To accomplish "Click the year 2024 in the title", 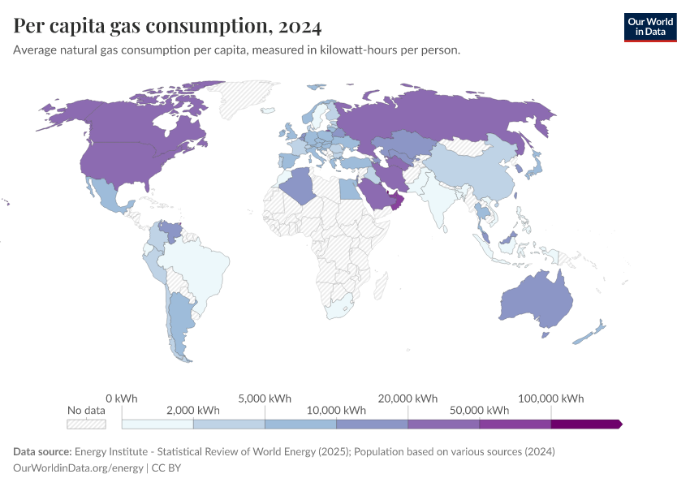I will pos(300,26).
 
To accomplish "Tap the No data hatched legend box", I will pos(86,424).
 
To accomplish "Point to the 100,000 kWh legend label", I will pos(551,399).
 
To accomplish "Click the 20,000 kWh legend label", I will pos(408,399).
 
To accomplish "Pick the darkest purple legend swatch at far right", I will pos(585,424).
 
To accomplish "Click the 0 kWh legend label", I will pos(122,399).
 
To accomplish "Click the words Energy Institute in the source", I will pos(109,451).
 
